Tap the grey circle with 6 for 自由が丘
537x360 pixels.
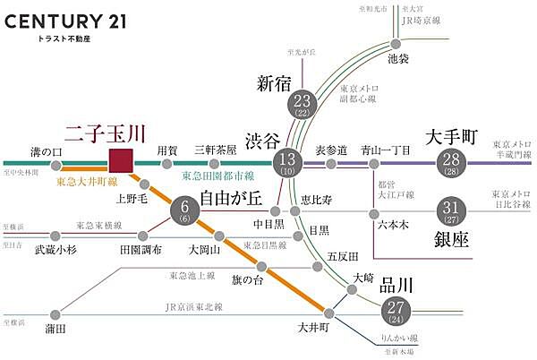tap(183, 213)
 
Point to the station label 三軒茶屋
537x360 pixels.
tap(216, 150)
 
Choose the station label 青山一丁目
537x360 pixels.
tap(383, 150)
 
